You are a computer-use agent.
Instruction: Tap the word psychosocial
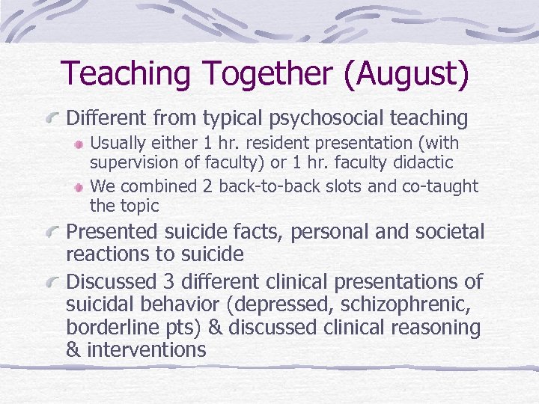[327, 117]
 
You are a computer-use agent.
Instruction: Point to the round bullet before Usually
[78, 144]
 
